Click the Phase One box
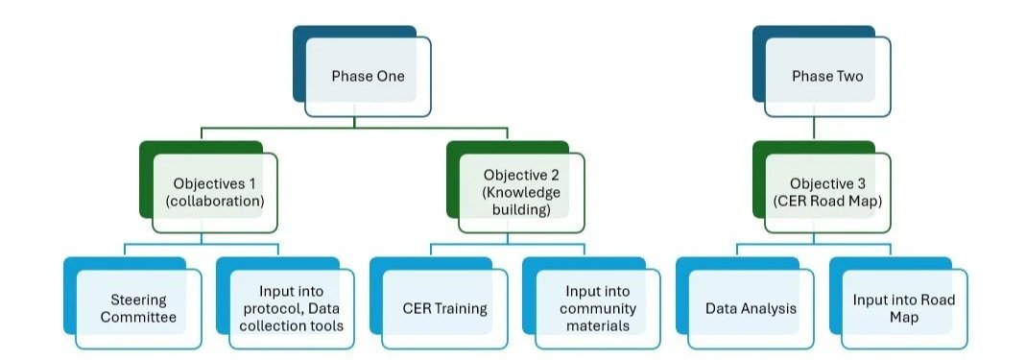(368, 75)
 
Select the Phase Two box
(826, 75)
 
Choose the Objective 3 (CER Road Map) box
(826, 191)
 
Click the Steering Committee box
(138, 308)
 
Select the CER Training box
(444, 308)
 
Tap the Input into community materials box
(597, 308)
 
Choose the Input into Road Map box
(903, 308)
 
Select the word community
(600, 309)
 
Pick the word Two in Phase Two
(847, 76)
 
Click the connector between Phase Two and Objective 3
(813, 127)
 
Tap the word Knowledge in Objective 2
(521, 191)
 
